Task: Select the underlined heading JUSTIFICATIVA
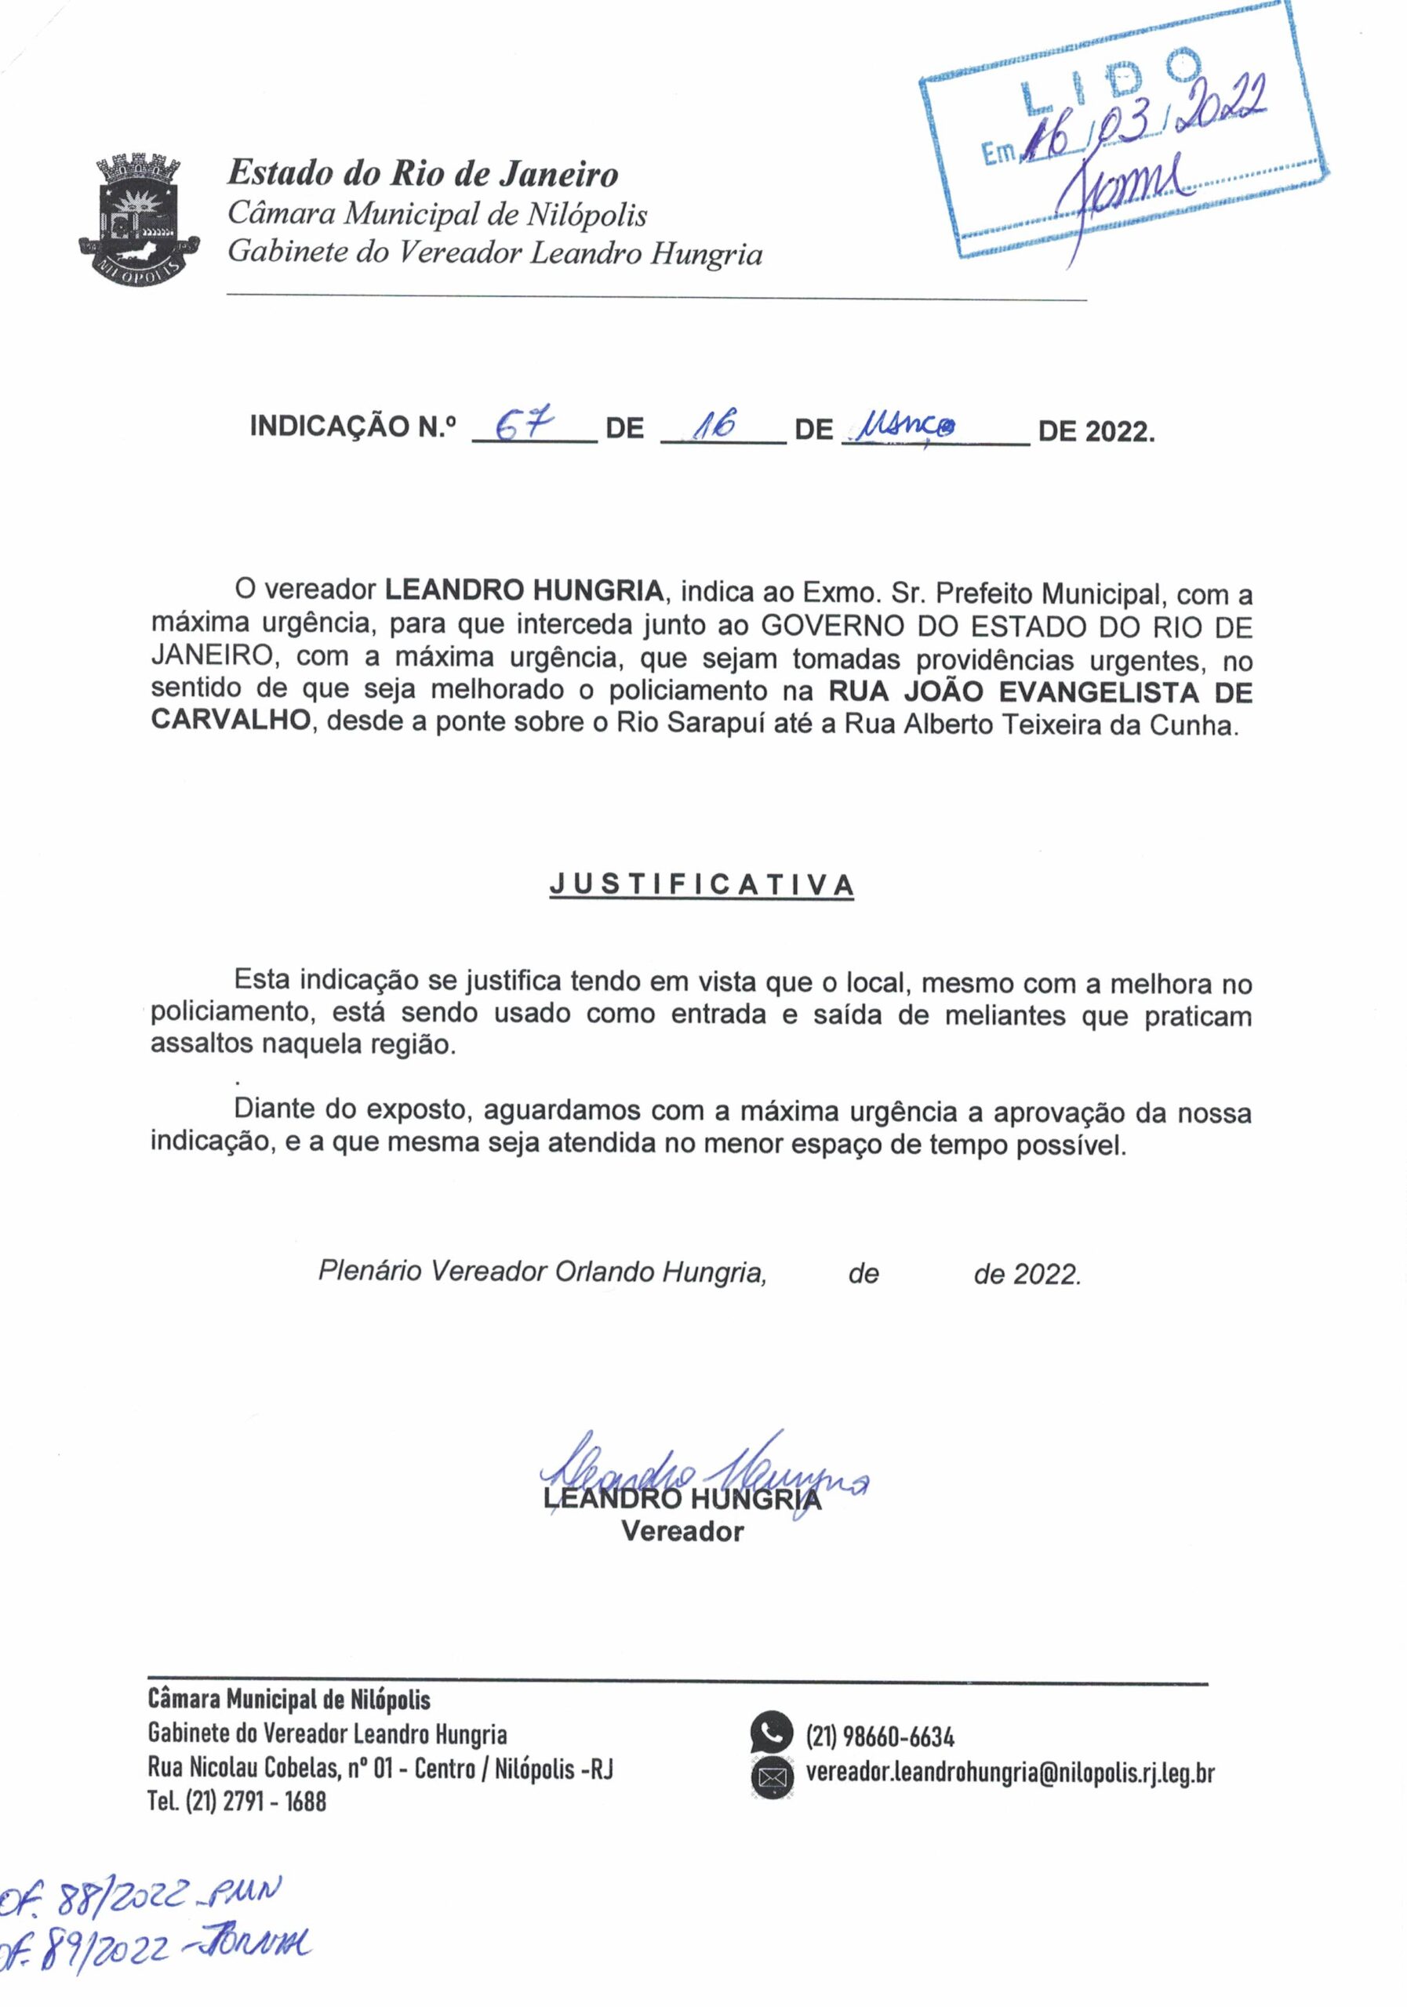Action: tap(701, 884)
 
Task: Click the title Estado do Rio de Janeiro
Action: tap(423, 174)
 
